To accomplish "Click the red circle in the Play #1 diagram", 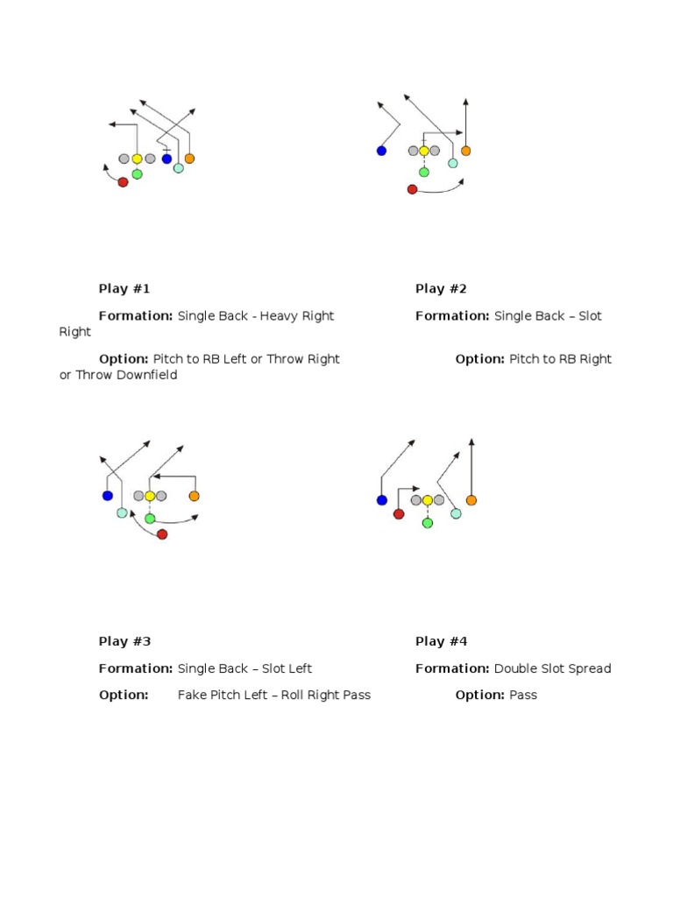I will pyautogui.click(x=123, y=182).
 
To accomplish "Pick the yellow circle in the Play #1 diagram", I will pyautogui.click(x=137, y=159).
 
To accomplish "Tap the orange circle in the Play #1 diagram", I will pyautogui.click(x=189, y=159).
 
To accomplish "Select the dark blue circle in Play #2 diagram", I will pyautogui.click(x=381, y=151).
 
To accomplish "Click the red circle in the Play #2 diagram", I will pyautogui.click(x=412, y=189).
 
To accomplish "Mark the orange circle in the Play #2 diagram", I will pyautogui.click(x=465, y=151).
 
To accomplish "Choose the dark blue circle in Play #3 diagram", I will pyautogui.click(x=108, y=496).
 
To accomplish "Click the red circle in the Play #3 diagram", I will pyautogui.click(x=162, y=534).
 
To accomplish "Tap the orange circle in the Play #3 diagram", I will pyautogui.click(x=194, y=496).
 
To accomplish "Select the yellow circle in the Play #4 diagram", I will pyautogui.click(x=428, y=500).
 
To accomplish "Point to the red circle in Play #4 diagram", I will pyautogui.click(x=399, y=514).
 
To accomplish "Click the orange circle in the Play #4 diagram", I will pyautogui.click(x=471, y=500).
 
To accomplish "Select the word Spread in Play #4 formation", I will pyautogui.click(x=591, y=668).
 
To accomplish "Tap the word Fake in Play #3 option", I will pyautogui.click(x=192, y=695).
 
